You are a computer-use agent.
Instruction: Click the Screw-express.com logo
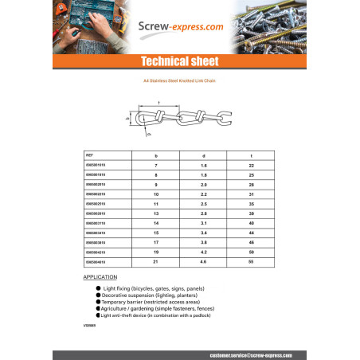180,26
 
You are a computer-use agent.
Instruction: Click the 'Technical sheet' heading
180,62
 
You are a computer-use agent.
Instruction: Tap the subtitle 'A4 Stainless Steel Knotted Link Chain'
180,81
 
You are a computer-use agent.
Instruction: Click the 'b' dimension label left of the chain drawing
128,118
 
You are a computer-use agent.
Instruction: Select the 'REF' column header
89,155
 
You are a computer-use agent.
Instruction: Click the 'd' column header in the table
204,155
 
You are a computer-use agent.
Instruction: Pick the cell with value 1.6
204,165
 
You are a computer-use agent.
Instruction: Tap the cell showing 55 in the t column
252,261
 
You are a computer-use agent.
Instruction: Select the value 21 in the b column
156,261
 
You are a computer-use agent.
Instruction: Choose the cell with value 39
252,214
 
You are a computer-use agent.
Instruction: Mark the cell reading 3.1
204,224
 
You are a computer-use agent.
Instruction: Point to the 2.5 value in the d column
204,204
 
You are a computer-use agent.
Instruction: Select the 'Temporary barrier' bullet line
151,300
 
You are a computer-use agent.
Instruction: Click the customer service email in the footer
248,354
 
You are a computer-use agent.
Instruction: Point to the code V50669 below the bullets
89,326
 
